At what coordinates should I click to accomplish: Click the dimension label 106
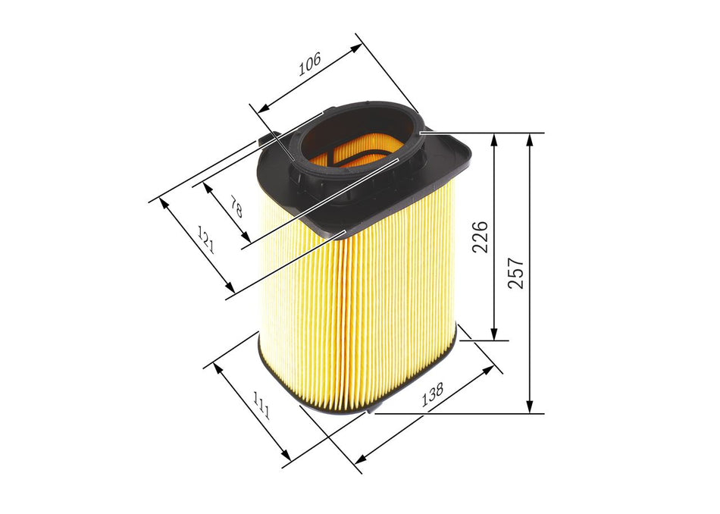click(309, 66)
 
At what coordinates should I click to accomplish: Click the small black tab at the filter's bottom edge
click(370, 412)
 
